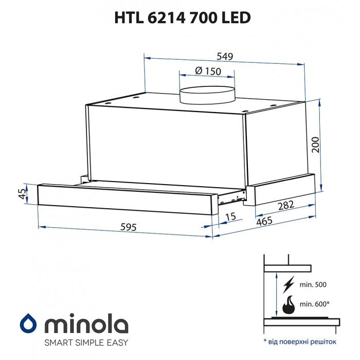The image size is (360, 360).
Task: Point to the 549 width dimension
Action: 225,56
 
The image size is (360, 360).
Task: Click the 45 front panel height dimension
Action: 22,194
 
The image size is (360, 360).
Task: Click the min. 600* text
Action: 314,304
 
